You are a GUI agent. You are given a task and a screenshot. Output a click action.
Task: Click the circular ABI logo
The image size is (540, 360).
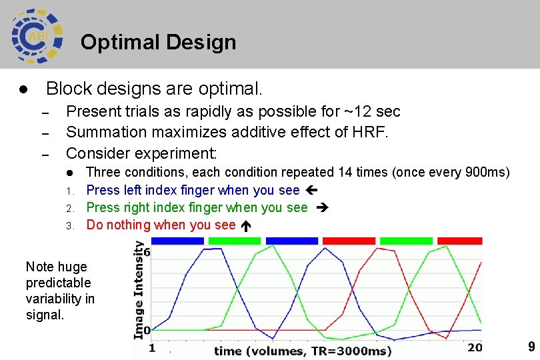click(37, 36)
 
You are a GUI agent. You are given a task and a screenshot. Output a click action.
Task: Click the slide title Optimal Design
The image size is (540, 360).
click(158, 43)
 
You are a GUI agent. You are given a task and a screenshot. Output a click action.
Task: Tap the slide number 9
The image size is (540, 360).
click(531, 347)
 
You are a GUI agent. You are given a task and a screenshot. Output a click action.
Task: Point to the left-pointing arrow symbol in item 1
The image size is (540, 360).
click(310, 191)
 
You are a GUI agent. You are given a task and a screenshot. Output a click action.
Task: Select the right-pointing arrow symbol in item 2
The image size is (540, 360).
click(319, 208)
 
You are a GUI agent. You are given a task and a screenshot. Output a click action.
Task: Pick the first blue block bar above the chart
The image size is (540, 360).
click(178, 240)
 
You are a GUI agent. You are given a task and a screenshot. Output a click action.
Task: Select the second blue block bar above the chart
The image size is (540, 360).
click(291, 240)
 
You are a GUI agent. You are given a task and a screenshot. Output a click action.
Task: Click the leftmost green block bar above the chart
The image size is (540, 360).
click(235, 240)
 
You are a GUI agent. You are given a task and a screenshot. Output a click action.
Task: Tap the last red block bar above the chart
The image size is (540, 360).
click(459, 240)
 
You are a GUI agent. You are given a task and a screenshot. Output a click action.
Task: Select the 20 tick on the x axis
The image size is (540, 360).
click(474, 347)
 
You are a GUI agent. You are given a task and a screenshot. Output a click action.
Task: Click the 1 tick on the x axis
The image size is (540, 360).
click(152, 347)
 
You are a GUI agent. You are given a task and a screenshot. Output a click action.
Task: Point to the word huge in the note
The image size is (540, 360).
click(74, 267)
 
